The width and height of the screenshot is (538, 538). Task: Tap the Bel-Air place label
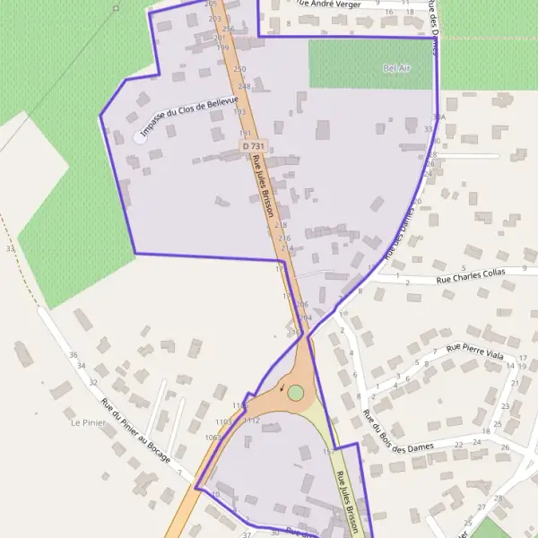[x=396, y=68]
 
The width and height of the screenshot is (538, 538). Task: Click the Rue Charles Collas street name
[x=471, y=278]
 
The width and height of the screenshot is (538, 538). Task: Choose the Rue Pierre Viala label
[x=475, y=350]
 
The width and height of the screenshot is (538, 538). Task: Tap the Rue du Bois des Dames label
[x=397, y=432]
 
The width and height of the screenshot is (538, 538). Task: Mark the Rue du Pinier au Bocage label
[x=134, y=433]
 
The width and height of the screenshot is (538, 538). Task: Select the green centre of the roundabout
[x=295, y=392]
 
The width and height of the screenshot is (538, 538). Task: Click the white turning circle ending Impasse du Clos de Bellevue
[x=140, y=136]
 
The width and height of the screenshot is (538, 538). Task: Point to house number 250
[x=239, y=69]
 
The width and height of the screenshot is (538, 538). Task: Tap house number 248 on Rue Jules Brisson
[x=244, y=87]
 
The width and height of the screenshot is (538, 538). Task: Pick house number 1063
[x=212, y=437]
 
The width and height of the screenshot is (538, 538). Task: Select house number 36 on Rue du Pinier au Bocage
[x=73, y=355]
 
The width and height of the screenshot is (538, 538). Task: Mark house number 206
[x=301, y=305]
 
